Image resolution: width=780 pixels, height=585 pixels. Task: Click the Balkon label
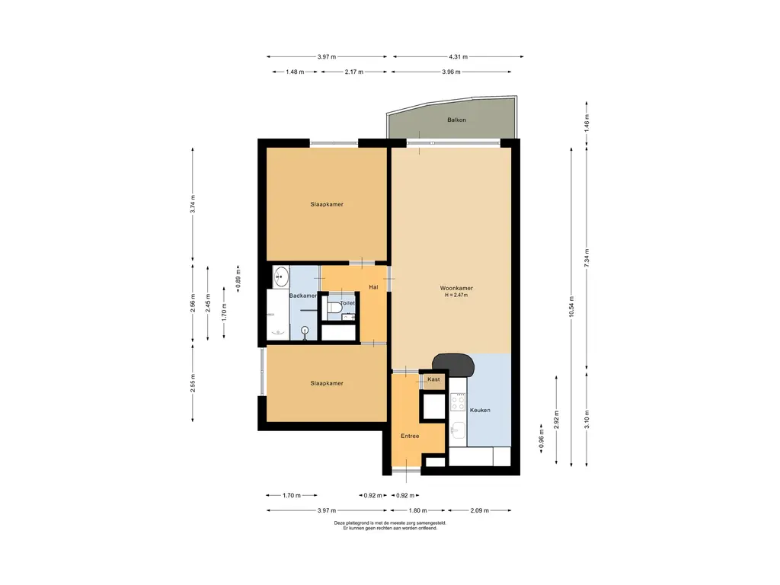click(x=456, y=120)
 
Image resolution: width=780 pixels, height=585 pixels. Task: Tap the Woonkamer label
click(x=456, y=288)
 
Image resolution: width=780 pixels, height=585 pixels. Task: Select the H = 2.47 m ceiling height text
click(x=456, y=295)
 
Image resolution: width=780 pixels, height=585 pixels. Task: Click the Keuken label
click(x=480, y=410)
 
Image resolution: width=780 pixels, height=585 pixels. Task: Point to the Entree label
click(x=410, y=436)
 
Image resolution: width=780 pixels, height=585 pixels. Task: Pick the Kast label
click(x=433, y=379)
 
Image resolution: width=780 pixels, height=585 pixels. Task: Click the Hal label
click(x=373, y=287)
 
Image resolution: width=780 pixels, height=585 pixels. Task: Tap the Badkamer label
click(x=303, y=296)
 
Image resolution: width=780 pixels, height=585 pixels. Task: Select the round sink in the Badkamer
click(x=281, y=276)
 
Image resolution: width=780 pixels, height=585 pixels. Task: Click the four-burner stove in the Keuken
click(x=458, y=402)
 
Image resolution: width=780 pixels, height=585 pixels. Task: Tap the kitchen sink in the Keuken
click(x=457, y=430)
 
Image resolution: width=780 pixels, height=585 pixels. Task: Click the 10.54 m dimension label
click(x=571, y=306)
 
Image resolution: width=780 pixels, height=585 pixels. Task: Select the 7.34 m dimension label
click(x=587, y=258)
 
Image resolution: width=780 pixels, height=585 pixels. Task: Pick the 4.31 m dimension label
click(x=458, y=56)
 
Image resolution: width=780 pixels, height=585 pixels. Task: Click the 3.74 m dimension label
click(x=193, y=204)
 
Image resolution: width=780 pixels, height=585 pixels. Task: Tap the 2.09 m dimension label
click(x=480, y=510)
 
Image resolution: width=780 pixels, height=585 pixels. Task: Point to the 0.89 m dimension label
click(x=238, y=279)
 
